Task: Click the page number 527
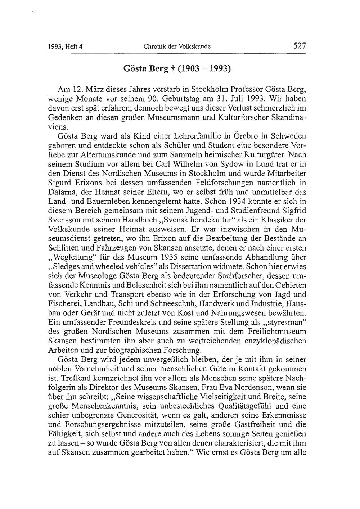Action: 299,46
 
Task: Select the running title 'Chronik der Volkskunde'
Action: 177,46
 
